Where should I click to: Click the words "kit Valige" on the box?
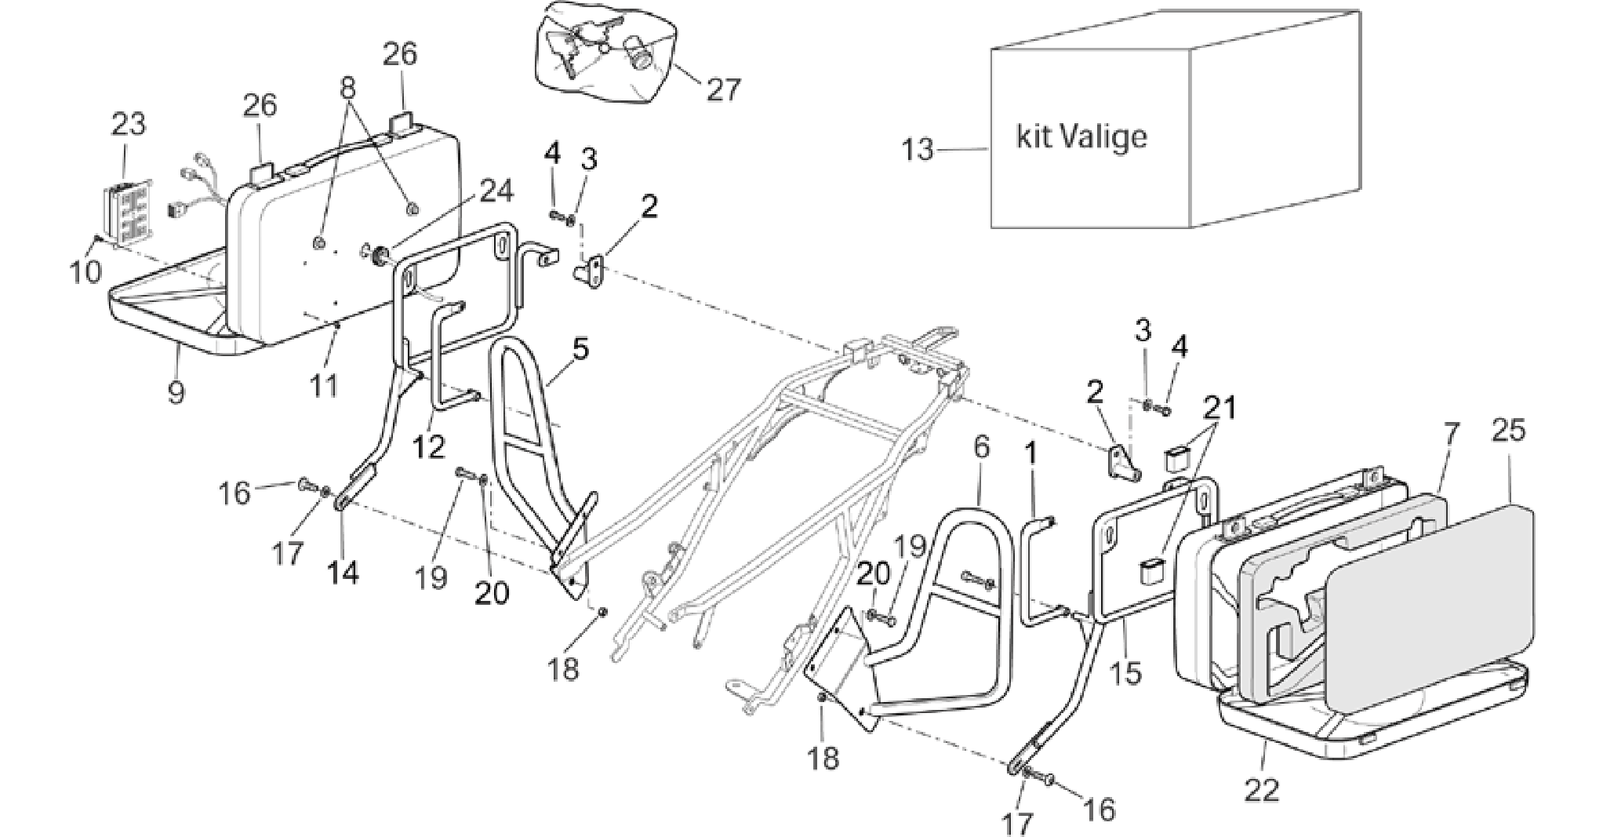coord(1081,137)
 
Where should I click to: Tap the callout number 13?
coord(918,148)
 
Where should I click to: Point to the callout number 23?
coord(129,124)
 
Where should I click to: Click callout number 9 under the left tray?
coord(176,390)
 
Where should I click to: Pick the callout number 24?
coord(497,191)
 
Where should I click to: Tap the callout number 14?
coord(343,572)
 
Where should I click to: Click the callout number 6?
coord(981,448)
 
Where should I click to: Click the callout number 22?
coord(1263,788)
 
